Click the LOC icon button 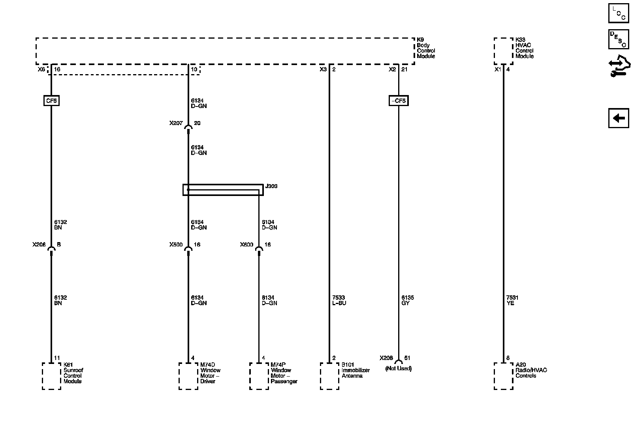tap(618, 13)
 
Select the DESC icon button tap(618, 39)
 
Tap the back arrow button tap(618, 118)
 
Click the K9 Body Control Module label tap(426, 48)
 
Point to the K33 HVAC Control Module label tap(524, 48)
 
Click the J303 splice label tap(271, 186)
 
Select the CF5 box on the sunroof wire tap(51, 101)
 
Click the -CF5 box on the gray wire tap(398, 101)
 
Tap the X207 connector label tap(176, 123)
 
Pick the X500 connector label tap(176, 245)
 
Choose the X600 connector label tap(246, 245)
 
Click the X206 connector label tap(39, 245)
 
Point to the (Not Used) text tap(398, 369)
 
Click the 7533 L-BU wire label tap(339, 300)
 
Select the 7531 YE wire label tap(513, 300)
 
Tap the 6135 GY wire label tap(408, 300)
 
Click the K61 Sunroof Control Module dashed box tap(51, 376)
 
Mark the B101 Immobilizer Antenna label tap(355, 370)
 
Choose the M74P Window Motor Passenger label tap(284, 373)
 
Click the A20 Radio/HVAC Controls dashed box tap(504, 376)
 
